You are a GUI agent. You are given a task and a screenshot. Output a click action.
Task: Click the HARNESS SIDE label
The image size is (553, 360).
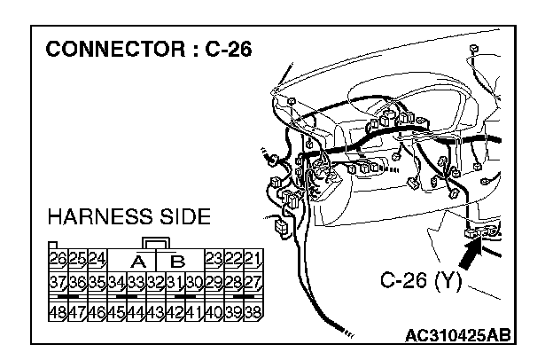129,216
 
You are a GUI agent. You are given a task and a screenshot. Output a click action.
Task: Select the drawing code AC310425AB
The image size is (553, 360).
456,336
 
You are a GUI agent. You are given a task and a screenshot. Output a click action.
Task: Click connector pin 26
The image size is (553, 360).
58,260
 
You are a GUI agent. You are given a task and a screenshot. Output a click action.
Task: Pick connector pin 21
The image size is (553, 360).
253,260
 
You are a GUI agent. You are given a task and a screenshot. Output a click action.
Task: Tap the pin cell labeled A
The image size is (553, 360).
137,261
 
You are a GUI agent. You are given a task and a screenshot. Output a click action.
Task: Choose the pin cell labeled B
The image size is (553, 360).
176,261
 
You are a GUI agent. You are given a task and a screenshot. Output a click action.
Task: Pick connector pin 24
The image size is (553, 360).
97,260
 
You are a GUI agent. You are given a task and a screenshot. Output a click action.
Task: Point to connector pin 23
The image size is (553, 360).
214,260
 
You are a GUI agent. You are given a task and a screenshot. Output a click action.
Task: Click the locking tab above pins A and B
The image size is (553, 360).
156,243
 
